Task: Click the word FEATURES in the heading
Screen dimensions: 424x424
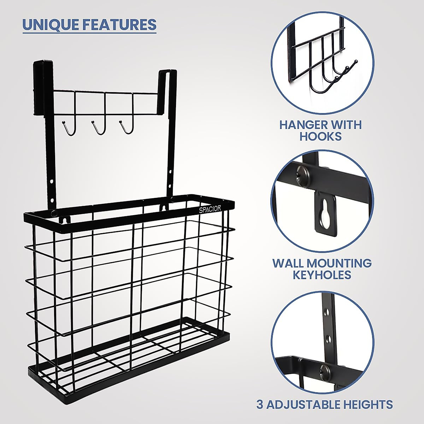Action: (119, 24)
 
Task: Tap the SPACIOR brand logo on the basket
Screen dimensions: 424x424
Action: (210, 209)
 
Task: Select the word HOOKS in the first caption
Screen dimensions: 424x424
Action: (321, 137)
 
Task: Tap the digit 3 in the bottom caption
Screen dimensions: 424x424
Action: (260, 404)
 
